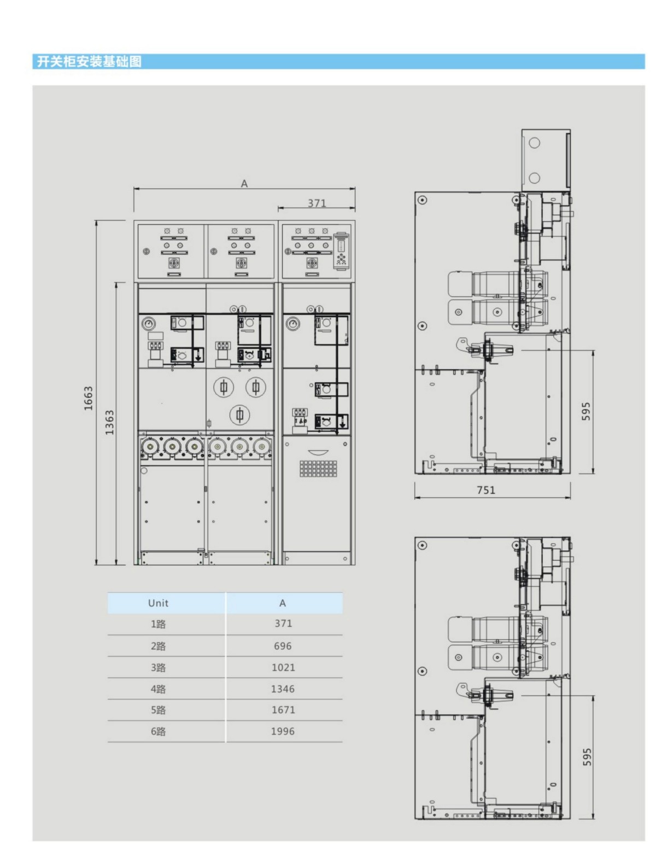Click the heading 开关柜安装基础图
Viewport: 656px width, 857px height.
click(x=89, y=61)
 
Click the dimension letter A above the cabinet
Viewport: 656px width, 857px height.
click(x=244, y=183)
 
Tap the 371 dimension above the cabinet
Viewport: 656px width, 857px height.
click(x=317, y=203)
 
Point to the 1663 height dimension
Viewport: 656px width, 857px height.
click(x=89, y=398)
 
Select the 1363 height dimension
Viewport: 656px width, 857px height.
click(x=109, y=422)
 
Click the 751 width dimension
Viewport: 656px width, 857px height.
click(x=485, y=490)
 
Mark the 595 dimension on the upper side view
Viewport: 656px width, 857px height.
click(x=586, y=411)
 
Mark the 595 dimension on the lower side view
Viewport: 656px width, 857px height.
click(x=587, y=757)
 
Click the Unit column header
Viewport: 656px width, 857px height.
click(x=158, y=603)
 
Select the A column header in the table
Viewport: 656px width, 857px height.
click(x=282, y=603)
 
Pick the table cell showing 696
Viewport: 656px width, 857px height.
click(x=283, y=646)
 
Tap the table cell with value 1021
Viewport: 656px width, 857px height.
click(x=283, y=667)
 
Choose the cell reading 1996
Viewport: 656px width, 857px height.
click(x=283, y=731)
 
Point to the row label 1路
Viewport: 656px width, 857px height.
click(x=158, y=624)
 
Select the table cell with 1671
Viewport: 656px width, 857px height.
click(x=283, y=710)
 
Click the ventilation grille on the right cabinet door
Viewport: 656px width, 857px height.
click(x=318, y=468)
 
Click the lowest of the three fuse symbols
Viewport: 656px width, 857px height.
click(x=240, y=415)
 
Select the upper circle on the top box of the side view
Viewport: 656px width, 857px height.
click(x=534, y=143)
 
